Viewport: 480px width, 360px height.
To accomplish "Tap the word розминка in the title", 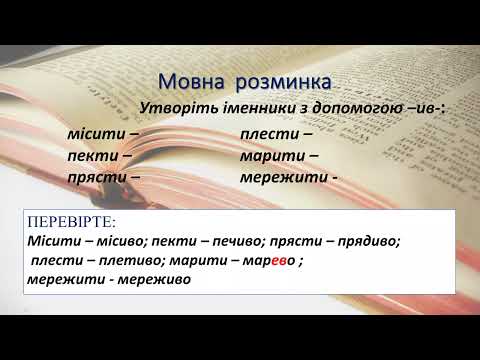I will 281,80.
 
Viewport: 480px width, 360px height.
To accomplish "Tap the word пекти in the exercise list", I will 89,156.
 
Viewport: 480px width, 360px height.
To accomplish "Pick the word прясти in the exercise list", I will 92,177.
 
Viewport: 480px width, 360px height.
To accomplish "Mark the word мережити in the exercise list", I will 281,177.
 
